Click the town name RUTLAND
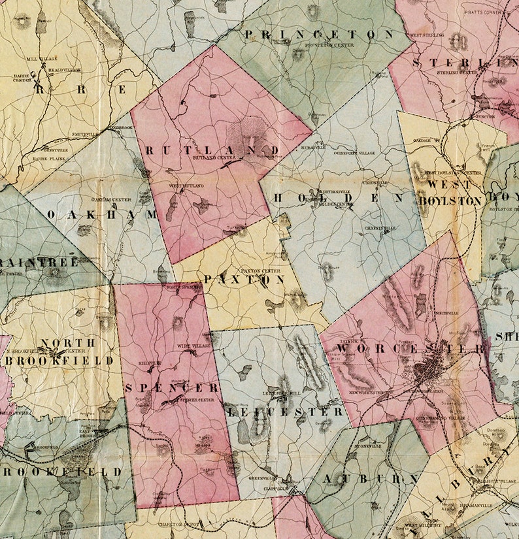click(x=212, y=150)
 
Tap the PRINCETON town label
click(x=320, y=34)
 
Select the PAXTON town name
click(x=244, y=279)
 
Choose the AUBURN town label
click(x=371, y=479)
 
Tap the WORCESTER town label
click(x=412, y=348)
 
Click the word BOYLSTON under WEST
click(x=456, y=201)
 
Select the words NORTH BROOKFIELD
click(x=67, y=351)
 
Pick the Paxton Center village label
click(x=243, y=270)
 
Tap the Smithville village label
click(x=85, y=133)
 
